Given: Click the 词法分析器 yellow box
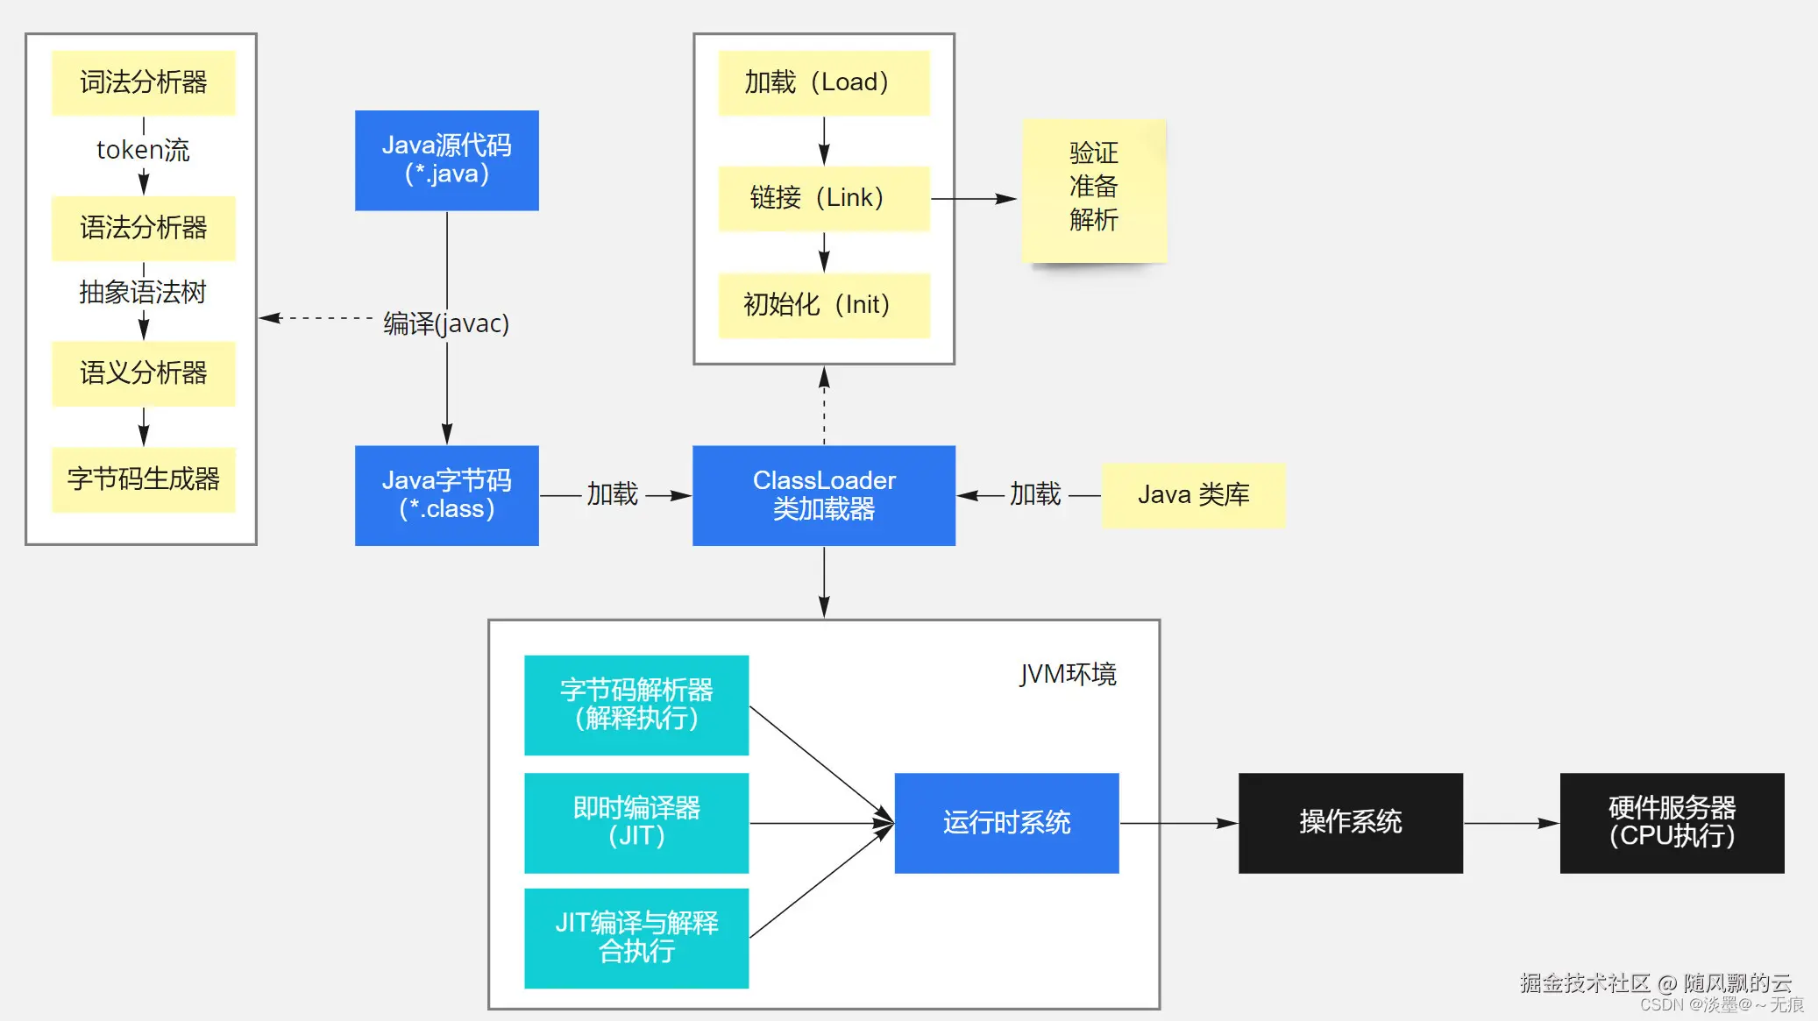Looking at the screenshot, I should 143,82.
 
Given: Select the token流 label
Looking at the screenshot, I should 143,150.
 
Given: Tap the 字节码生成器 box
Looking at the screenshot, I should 143,479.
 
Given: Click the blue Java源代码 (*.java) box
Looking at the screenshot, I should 446,160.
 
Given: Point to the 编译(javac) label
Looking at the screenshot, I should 446,323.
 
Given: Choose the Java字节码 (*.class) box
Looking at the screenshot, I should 446,495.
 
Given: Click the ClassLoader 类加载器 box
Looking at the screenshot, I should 823,495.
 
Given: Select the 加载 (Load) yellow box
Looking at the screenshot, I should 823,82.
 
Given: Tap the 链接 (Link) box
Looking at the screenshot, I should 823,198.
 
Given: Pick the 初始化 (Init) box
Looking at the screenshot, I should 823,305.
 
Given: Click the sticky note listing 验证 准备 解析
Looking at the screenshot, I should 1093,189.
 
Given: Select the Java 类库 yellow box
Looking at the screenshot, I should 1192,495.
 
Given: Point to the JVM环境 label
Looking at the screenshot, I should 1067,674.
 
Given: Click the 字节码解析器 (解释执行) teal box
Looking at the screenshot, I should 636,705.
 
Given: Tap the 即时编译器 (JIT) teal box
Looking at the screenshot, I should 636,822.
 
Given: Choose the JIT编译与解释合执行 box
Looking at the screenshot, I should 636,938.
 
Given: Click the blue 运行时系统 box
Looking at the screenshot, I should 1006,822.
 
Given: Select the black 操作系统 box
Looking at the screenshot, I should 1350,822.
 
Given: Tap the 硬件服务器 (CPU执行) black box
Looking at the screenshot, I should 1671,822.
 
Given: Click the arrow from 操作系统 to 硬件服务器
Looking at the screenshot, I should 1511,823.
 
